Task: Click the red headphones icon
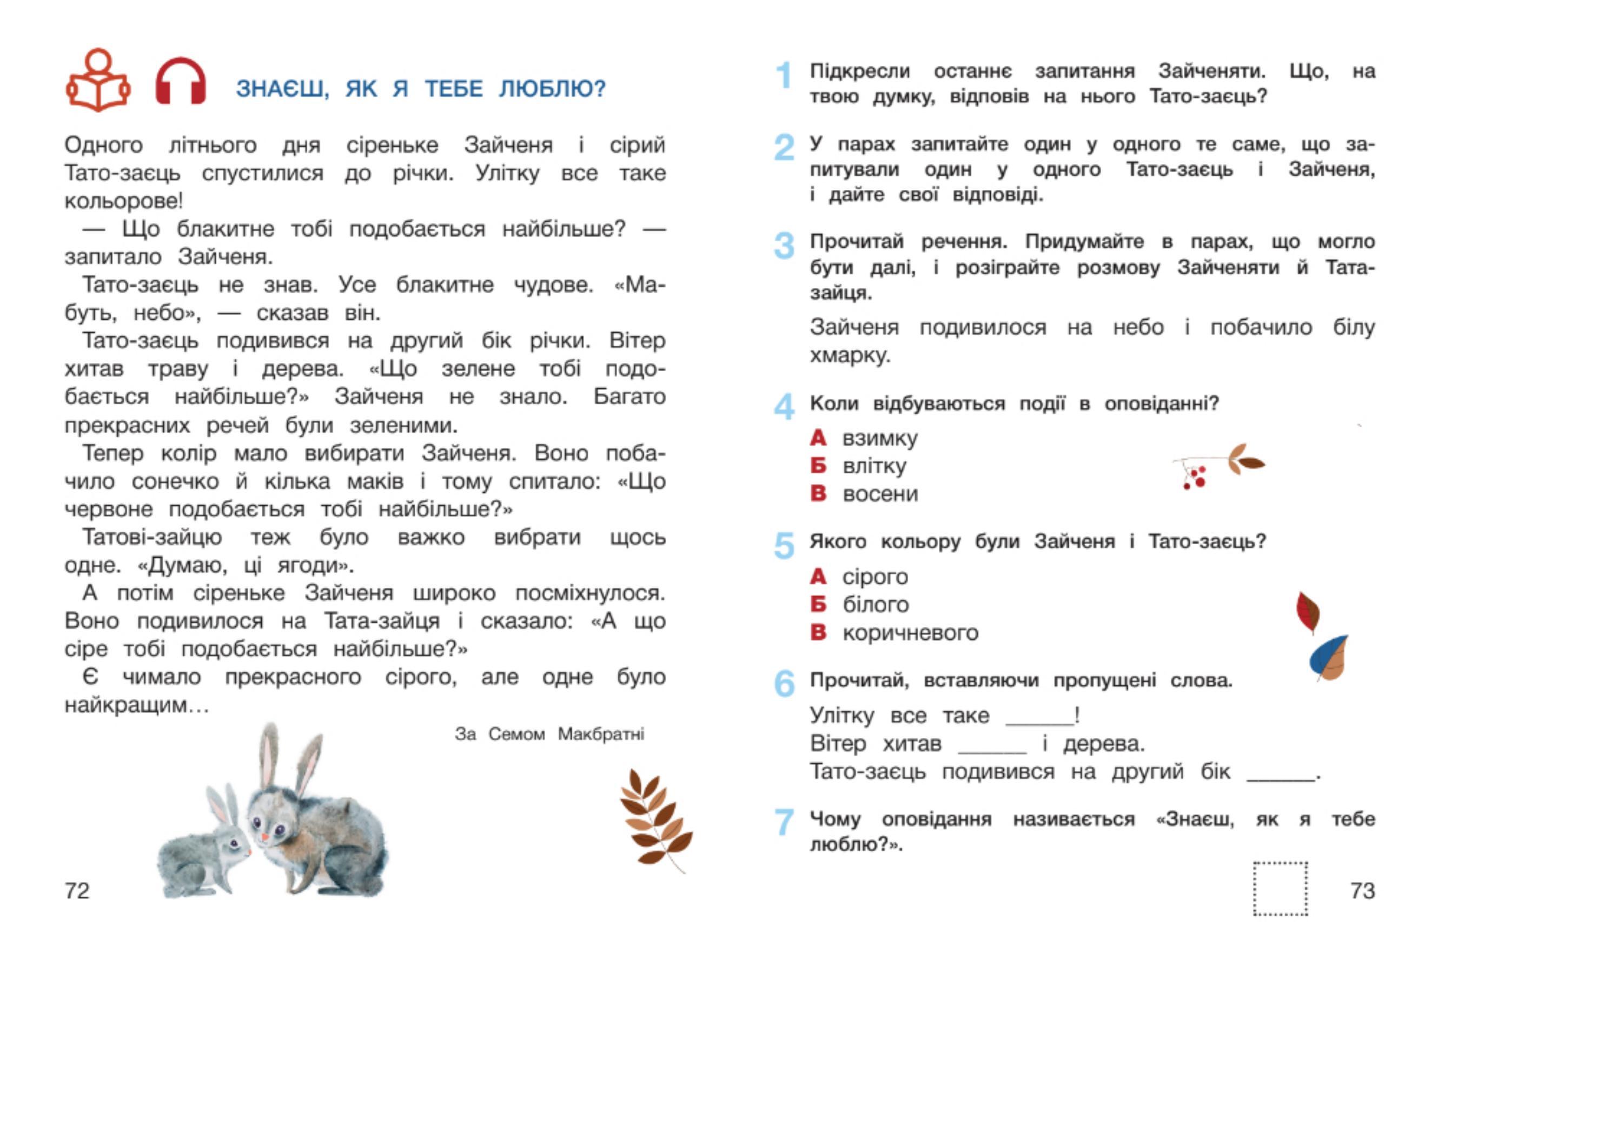pos(180,82)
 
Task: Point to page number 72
pos(77,890)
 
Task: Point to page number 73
pos(1362,890)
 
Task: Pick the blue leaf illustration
pos(1328,657)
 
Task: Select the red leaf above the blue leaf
pos(1307,611)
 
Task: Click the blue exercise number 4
pos(784,406)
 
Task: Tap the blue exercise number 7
pos(784,822)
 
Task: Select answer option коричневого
pos(910,633)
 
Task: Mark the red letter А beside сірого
pos(818,576)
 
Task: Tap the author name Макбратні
pos(601,734)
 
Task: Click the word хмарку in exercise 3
pos(850,355)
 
